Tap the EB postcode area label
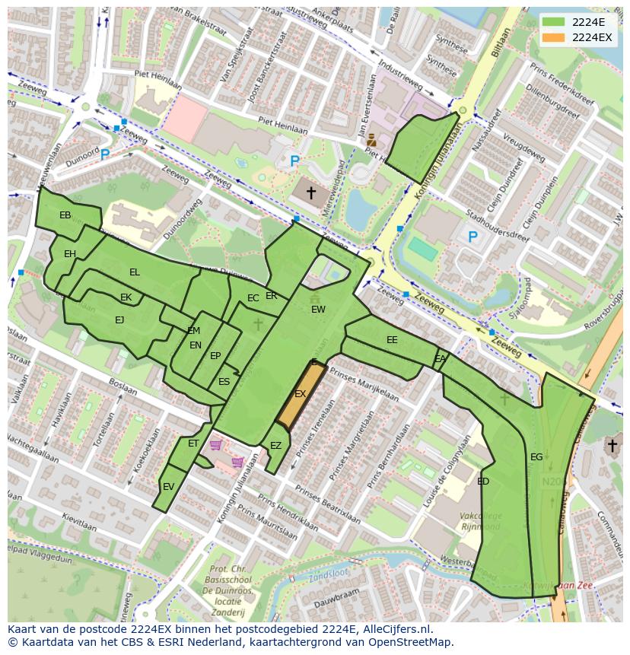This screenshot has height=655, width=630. (65, 215)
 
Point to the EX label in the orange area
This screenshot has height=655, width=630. (300, 394)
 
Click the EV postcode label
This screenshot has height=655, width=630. (168, 487)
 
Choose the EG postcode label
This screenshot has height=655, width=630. (536, 456)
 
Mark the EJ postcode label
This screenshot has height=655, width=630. (119, 320)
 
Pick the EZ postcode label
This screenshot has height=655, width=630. (275, 446)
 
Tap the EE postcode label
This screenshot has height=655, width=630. (392, 340)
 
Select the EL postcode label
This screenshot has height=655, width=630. (135, 272)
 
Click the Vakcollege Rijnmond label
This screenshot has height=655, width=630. (479, 521)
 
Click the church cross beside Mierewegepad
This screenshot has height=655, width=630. (310, 193)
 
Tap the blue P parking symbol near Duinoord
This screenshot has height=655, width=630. (105, 154)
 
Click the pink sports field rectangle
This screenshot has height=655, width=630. (184, 118)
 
